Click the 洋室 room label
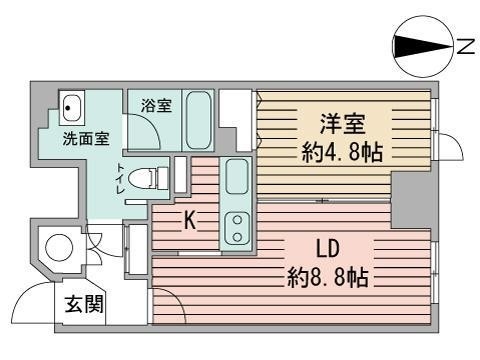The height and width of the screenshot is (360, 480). pos(343,124)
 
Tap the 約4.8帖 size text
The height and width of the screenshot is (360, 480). pos(342,152)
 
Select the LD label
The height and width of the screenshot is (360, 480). pos(327,250)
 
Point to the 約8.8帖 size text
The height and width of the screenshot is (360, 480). pos(328,278)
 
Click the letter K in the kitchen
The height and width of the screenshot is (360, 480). pos(190,220)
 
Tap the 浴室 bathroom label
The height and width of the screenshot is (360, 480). pos(156,105)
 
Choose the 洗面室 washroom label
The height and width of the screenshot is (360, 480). pos(86,138)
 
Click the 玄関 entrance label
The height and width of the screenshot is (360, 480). pos(84,304)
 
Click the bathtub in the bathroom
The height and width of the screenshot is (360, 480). pos(198,120)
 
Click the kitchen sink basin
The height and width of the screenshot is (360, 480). pos(237,176)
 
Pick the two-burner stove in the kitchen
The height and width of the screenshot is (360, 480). pos(237,228)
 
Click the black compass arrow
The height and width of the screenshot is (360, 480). pos(422,47)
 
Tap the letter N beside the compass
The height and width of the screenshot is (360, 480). pos(465,47)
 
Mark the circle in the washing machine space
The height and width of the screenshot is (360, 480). pos(59,248)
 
